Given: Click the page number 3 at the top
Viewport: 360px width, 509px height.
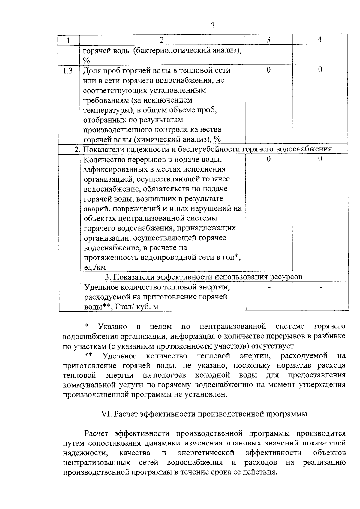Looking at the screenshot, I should click(213, 26).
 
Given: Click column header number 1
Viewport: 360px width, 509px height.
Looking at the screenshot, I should click(69, 40).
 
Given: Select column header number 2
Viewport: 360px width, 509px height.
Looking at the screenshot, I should click(162, 40).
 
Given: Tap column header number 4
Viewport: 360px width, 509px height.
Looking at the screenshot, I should click(320, 40).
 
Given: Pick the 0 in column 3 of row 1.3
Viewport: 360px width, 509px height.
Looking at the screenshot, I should click(268, 70).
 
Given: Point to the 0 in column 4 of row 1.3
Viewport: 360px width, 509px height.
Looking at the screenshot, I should click(320, 70).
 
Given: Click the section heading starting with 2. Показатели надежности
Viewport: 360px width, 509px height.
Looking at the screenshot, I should click(203, 149).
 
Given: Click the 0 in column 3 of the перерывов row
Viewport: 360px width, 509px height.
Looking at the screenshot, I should click(268, 159).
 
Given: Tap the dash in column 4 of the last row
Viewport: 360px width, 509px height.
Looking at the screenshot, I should click(321, 287).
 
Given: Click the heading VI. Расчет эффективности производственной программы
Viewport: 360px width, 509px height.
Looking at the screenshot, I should click(204, 414).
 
